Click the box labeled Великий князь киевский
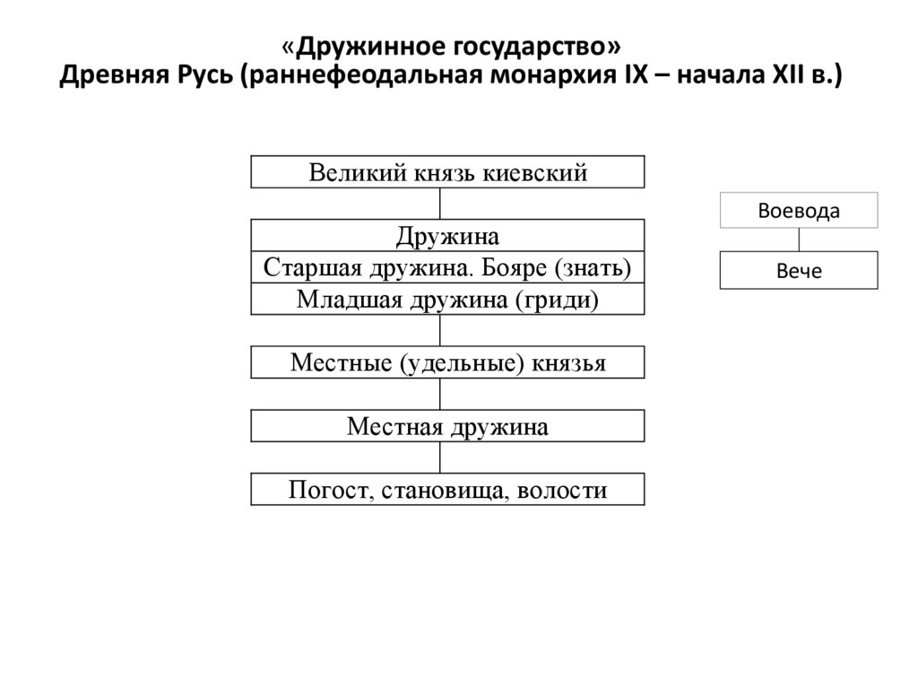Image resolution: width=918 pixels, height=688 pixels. click(447, 172)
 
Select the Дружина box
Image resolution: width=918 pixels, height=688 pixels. click(447, 236)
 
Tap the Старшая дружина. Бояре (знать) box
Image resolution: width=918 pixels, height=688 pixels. click(447, 267)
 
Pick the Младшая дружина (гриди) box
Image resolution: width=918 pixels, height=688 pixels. click(447, 299)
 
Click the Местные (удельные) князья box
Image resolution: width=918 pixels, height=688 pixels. click(447, 363)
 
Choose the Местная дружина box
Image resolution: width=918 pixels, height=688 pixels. click(447, 426)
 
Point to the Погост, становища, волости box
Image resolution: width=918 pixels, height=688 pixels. click(447, 490)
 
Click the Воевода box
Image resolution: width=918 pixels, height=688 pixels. click(799, 211)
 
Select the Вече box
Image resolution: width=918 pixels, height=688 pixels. click(799, 271)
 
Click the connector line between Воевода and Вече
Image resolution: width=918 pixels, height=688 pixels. click(799, 240)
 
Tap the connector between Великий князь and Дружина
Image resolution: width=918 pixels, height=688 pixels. click(441, 204)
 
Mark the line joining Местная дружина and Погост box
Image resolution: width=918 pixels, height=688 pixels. click(441, 457)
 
